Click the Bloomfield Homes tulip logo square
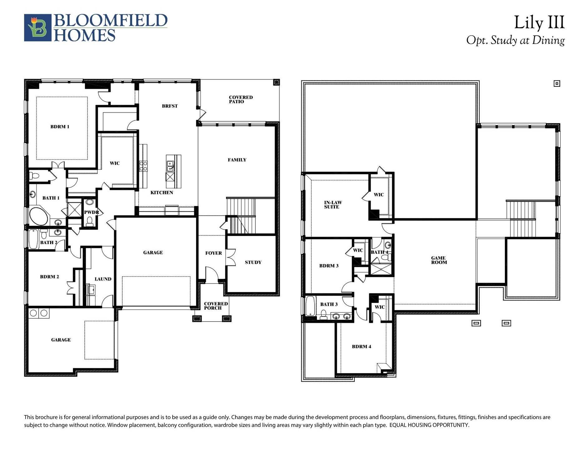[x=37, y=27]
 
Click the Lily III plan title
[x=539, y=23]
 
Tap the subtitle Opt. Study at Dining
[x=515, y=40]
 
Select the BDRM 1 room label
[x=60, y=127]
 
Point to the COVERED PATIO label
[x=240, y=99]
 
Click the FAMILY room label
[x=237, y=160]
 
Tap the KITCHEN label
[x=161, y=193]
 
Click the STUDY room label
[x=253, y=263]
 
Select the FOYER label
[x=213, y=253]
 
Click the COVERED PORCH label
[x=215, y=306]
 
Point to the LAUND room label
[x=103, y=279]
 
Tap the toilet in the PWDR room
[x=90, y=222]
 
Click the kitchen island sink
[x=170, y=166]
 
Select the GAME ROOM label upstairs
[x=439, y=260]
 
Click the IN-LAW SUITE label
[x=333, y=205]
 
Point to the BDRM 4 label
[x=361, y=347]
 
